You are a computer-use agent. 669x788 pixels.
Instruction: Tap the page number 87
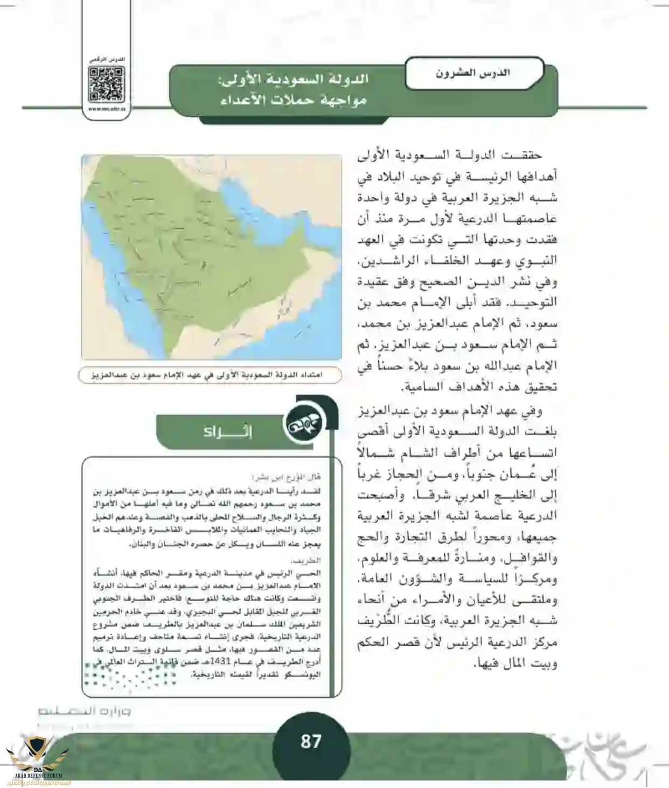311,742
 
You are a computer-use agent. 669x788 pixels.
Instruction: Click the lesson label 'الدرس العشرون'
473,73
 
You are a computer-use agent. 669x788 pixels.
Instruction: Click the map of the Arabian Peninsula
212,257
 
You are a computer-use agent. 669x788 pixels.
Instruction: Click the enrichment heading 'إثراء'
221,431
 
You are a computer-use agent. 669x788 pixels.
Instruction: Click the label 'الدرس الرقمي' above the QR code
107,58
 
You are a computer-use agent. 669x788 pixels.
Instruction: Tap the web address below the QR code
106,108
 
